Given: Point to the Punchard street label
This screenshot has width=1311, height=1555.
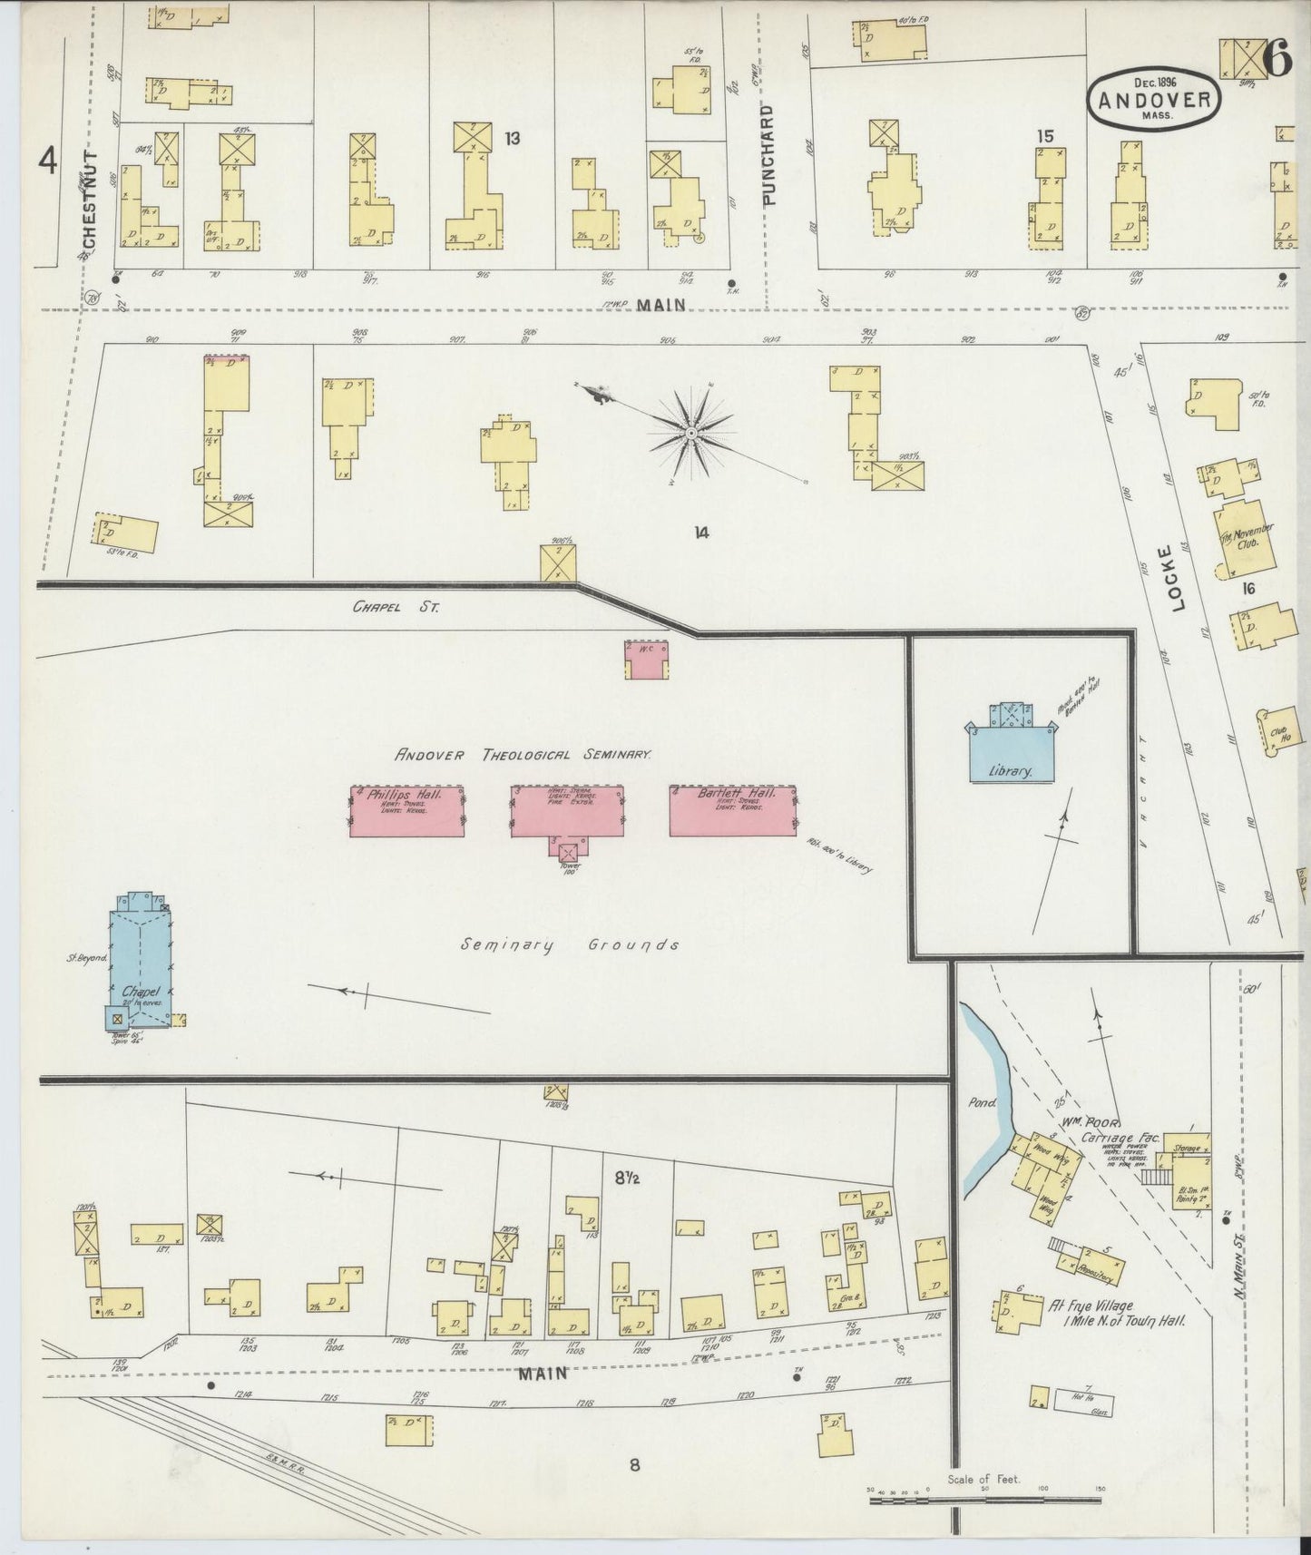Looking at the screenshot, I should (x=769, y=155).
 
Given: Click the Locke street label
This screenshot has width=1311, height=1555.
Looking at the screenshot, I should (x=1179, y=578).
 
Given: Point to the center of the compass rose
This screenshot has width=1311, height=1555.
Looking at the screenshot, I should (x=692, y=435).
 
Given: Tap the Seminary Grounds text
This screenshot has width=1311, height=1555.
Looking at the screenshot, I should (x=570, y=944).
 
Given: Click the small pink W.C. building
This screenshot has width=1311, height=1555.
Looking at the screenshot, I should (x=646, y=659).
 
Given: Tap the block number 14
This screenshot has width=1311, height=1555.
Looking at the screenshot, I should (x=700, y=533).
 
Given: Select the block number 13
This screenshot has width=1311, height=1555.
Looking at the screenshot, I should (x=513, y=138).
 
